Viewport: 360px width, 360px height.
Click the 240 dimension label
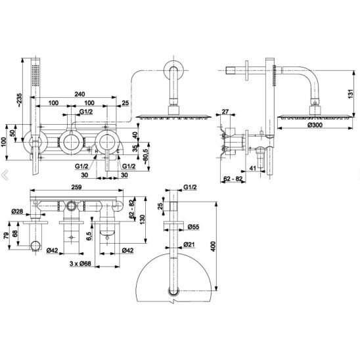79,94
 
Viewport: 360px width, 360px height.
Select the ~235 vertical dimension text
20,100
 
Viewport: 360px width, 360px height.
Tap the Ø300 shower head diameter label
315,125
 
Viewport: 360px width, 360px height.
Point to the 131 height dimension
351,94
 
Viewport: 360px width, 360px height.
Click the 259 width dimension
76,187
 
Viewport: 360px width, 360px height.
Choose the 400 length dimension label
214,246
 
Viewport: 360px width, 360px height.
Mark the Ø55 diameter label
193,227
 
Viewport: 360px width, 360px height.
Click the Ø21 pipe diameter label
189,245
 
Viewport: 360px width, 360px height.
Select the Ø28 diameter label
17,212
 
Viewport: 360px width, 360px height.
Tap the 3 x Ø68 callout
80,263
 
